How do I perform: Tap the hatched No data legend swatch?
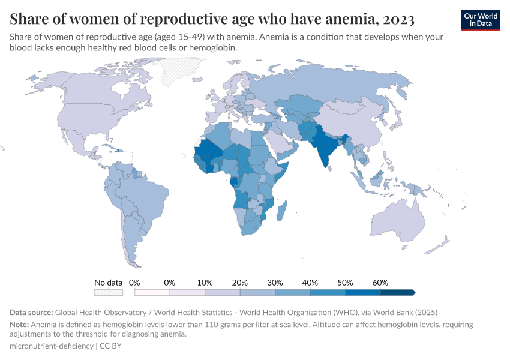click(x=109, y=292)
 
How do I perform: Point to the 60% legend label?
click(x=380, y=282)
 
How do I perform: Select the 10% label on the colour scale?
click(x=205, y=282)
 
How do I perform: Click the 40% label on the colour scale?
click(x=310, y=282)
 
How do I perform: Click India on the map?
click(x=325, y=146)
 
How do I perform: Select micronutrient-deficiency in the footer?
click(x=51, y=346)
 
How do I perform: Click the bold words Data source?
click(x=31, y=313)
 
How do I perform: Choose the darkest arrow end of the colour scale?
click(x=412, y=292)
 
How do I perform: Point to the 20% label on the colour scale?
click(x=240, y=282)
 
